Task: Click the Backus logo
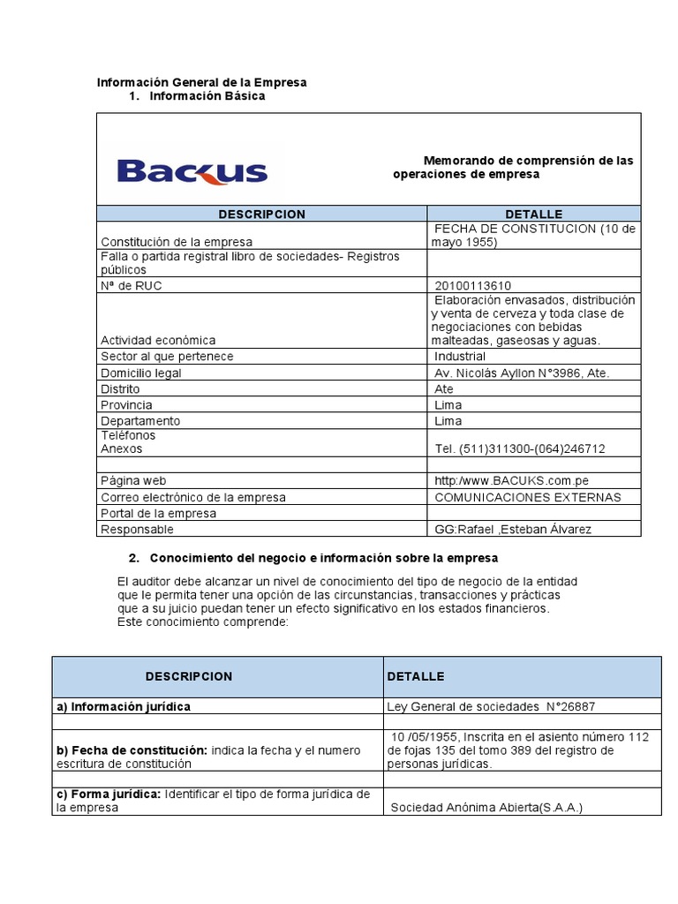click(192, 169)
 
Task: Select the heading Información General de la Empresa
click(201, 82)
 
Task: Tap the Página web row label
click(133, 481)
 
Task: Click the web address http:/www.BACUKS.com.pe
click(511, 481)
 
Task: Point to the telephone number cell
click(521, 448)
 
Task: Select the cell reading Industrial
click(460, 357)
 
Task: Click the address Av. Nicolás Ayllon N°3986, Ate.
click(522, 373)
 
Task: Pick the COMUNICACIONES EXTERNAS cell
click(528, 497)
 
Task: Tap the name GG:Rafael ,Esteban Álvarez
click(513, 529)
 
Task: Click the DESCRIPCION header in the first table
click(261, 214)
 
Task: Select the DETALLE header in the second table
click(416, 676)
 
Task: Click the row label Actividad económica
click(158, 340)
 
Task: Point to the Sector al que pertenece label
click(167, 357)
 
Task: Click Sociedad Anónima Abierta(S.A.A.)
click(486, 807)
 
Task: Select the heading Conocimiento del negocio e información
click(323, 558)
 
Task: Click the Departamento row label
click(140, 421)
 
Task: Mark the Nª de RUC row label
click(132, 285)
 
